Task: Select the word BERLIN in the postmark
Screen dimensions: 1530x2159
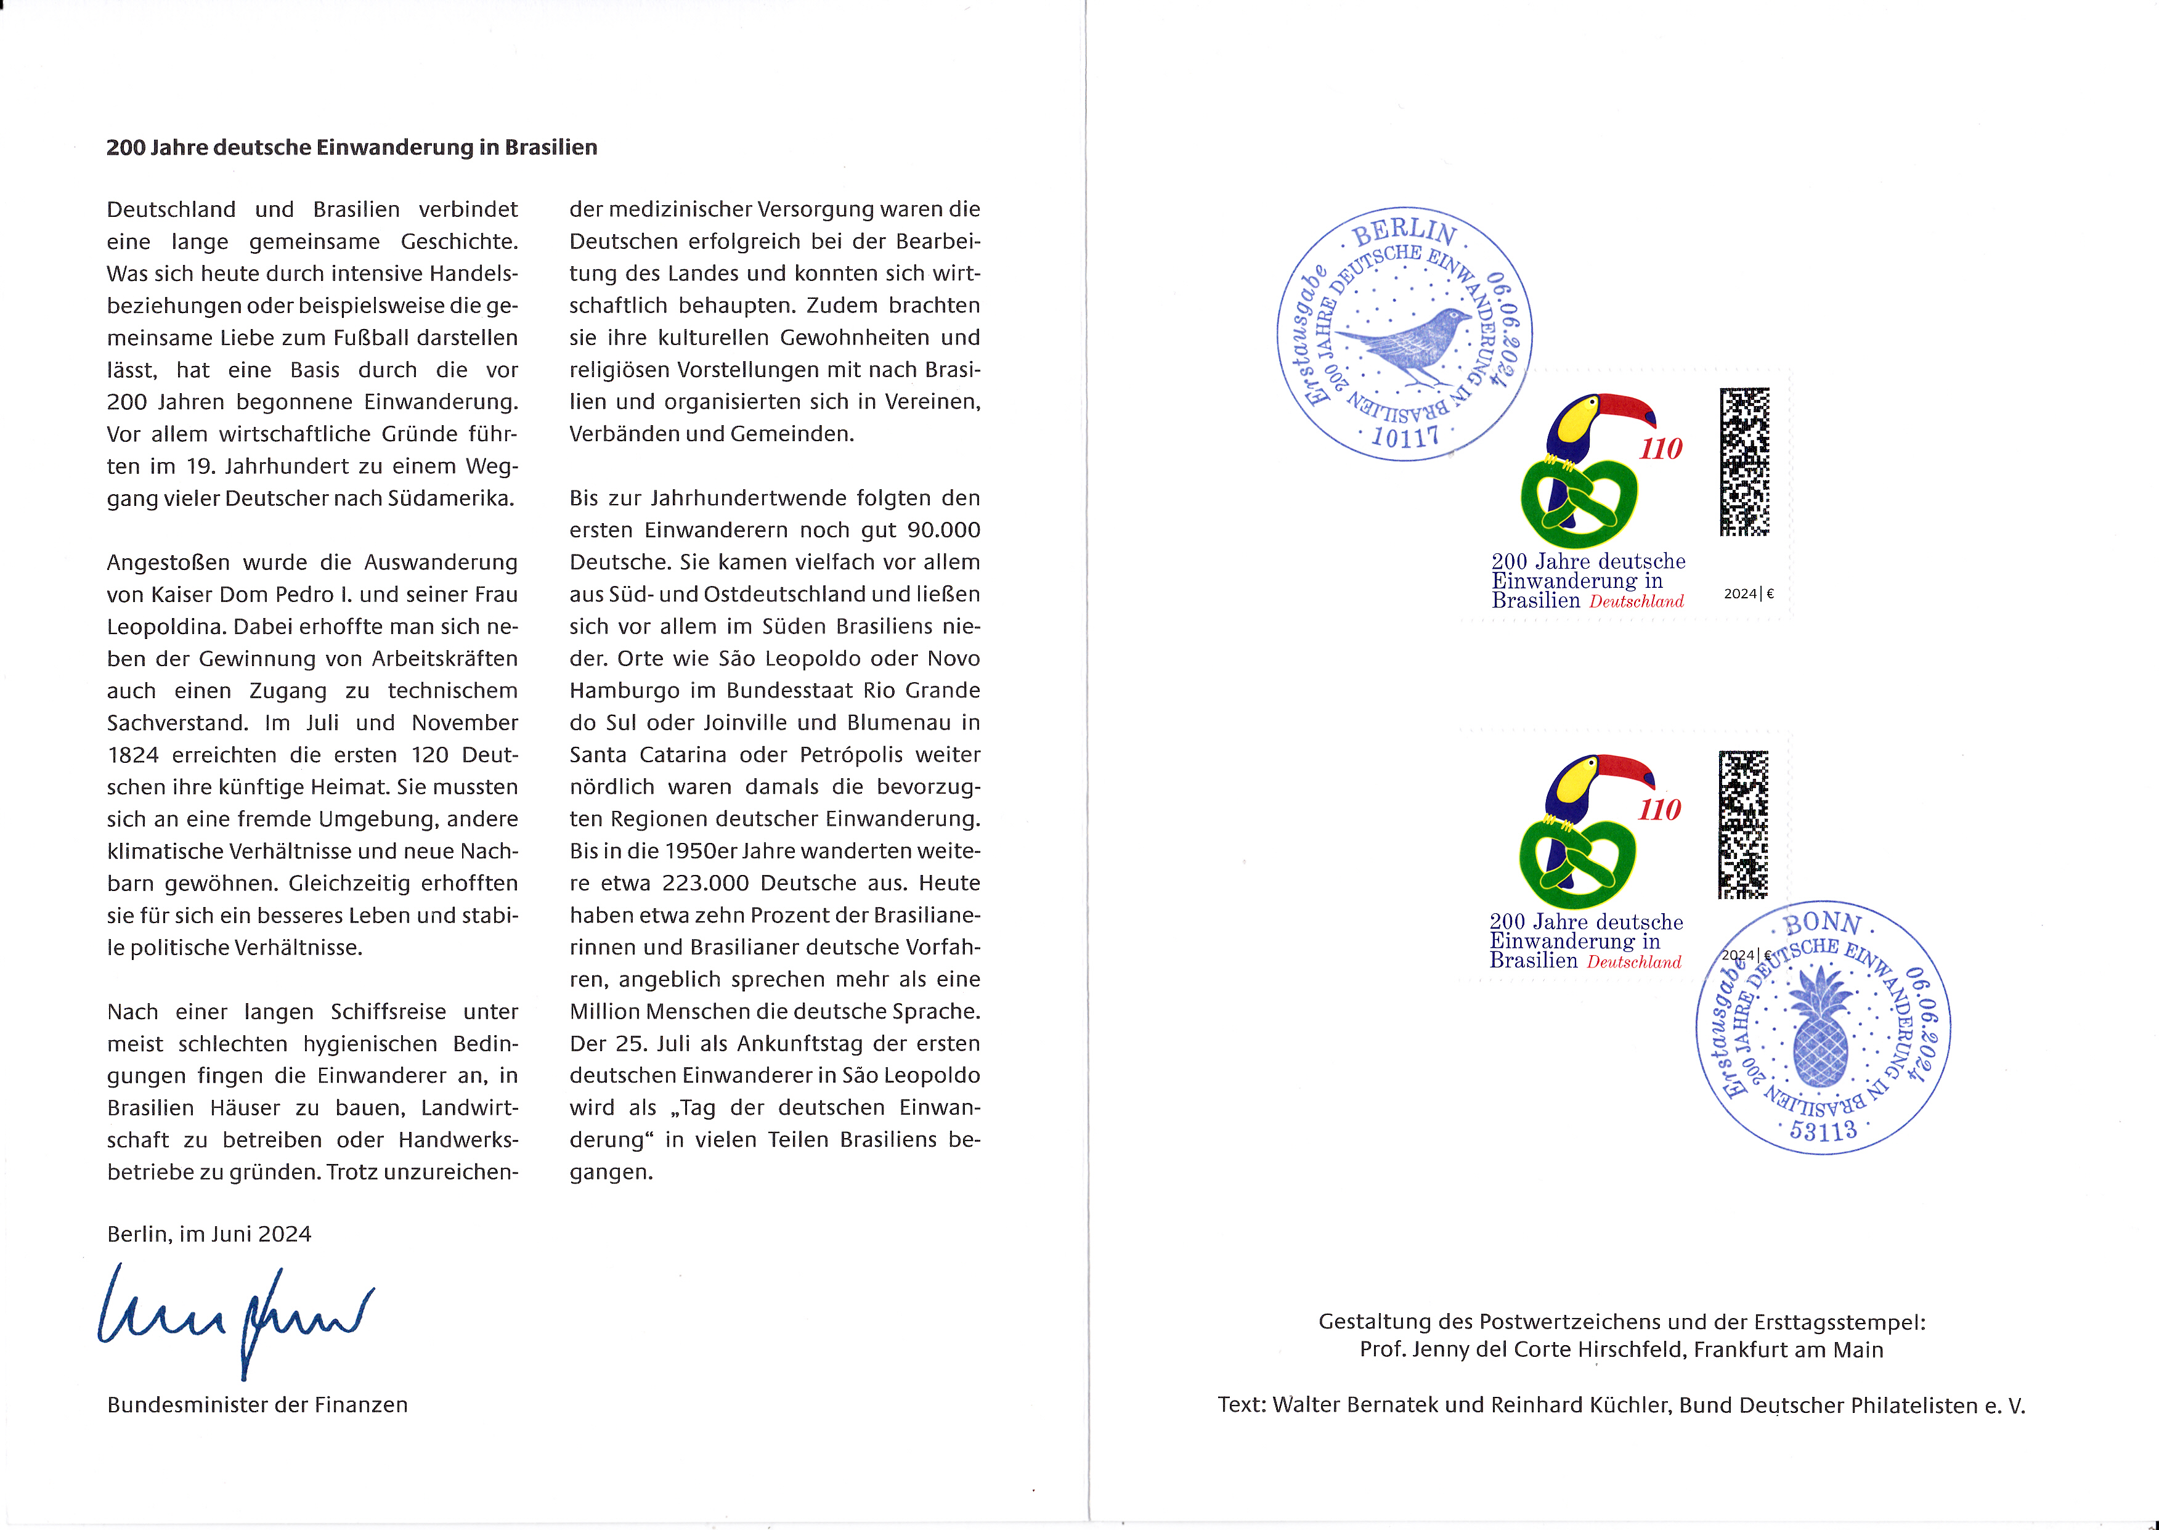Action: click(1404, 232)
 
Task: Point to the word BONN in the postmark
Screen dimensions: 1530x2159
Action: click(1823, 923)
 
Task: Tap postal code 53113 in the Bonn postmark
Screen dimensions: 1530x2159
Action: click(1823, 1129)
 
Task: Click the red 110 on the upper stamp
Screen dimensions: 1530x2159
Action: click(1661, 449)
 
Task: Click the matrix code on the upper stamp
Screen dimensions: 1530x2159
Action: click(1744, 462)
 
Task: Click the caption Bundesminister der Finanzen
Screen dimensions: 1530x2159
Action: click(257, 1405)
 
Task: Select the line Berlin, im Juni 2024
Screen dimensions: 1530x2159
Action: click(209, 1234)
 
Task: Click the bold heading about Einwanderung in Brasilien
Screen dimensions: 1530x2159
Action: click(351, 148)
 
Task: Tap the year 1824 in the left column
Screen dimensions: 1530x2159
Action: click(133, 755)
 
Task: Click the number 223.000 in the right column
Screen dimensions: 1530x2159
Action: click(705, 884)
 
